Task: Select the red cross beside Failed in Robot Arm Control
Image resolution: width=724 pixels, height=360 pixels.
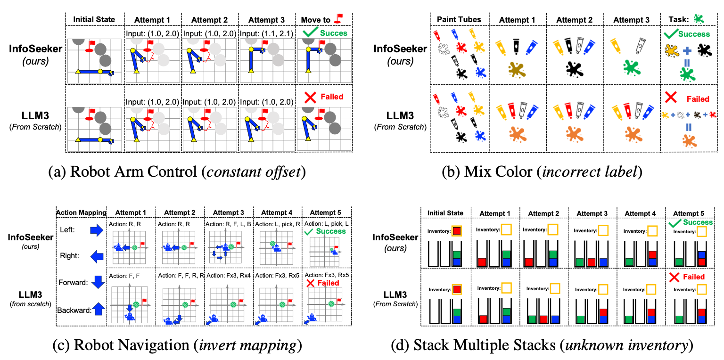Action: click(310, 97)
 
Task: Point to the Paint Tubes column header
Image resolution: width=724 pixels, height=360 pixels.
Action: click(459, 19)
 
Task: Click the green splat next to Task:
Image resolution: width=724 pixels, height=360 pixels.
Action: click(698, 19)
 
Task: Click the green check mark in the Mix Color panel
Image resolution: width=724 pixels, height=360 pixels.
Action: click(671, 34)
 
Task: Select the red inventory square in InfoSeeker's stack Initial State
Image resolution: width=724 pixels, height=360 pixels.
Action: click(457, 231)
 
